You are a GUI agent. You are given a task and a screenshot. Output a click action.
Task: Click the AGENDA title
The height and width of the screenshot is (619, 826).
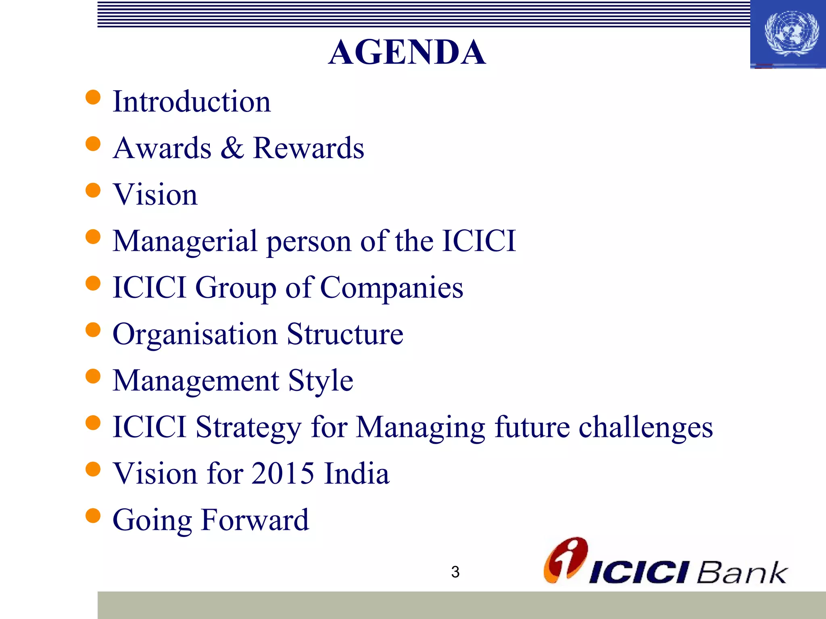407,52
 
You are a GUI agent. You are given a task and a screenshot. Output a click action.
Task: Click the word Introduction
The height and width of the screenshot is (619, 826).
192,102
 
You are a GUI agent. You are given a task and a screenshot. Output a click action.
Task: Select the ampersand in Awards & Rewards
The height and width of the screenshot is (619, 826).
232,148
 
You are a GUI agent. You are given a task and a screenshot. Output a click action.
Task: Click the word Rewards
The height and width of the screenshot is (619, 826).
308,148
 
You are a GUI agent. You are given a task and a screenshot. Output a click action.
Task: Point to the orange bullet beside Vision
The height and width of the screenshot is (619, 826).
93,190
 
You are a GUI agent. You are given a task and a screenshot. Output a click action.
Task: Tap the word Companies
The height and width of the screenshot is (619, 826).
392,288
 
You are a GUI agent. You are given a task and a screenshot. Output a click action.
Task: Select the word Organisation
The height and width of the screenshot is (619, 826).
195,334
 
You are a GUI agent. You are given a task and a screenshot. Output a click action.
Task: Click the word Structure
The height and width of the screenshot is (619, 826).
345,334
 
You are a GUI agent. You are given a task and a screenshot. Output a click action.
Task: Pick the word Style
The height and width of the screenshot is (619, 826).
321,381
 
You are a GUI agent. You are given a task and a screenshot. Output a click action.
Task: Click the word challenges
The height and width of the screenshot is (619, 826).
646,427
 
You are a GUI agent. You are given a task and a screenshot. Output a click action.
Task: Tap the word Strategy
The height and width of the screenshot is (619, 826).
248,428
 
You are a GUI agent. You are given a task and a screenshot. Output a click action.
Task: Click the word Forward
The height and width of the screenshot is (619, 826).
255,520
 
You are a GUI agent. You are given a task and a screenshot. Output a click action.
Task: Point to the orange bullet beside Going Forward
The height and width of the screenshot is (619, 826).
93,515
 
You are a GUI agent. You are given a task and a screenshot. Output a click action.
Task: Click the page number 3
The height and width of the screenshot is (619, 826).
455,572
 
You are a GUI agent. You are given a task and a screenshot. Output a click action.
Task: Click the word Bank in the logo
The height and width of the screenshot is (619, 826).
741,572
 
